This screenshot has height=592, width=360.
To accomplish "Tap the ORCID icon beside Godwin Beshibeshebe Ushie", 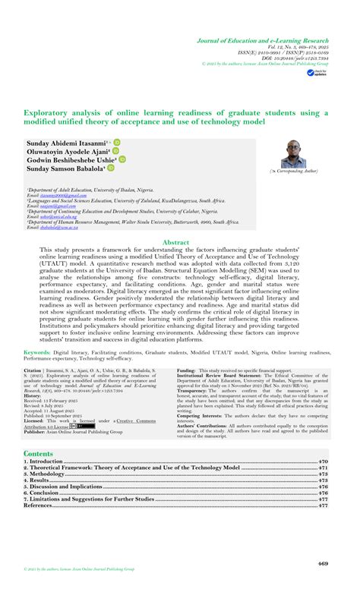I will (122, 160).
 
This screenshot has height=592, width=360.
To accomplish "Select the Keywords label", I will (37, 353).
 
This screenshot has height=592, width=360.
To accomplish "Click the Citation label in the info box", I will (33, 370).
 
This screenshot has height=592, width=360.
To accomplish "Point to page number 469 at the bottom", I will (323, 564).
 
